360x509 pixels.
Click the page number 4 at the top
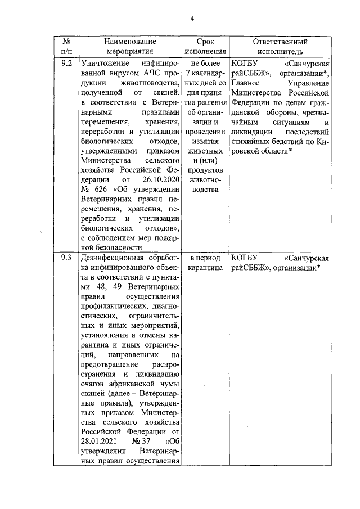pos(192,19)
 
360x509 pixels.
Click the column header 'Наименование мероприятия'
pos(129,46)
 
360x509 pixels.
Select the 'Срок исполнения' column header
pos(205,46)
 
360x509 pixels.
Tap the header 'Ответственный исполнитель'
pos(280,46)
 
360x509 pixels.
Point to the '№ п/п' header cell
pos(66,46)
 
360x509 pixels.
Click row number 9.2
pos(66,63)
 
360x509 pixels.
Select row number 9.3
pos(66,258)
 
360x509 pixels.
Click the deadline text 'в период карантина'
pos(205,263)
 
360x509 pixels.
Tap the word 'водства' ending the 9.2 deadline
pos(205,190)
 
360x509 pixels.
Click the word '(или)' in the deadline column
pos(205,160)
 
